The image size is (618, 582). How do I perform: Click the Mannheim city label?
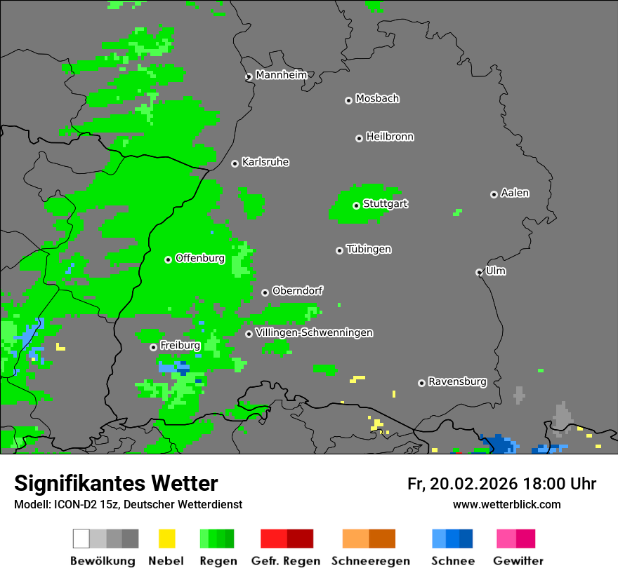[x=281, y=75]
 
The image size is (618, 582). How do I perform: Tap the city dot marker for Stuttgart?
[x=357, y=205]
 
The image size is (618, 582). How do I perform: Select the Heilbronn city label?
[x=390, y=137]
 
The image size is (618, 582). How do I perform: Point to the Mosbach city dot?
[x=348, y=100]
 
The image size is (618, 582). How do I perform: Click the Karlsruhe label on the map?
[x=265, y=162]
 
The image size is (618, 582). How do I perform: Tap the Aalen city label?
[x=515, y=193]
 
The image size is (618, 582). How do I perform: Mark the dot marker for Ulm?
[x=479, y=272]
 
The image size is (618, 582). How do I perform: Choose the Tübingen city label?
[x=369, y=249]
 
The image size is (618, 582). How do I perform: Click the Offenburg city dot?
[x=169, y=259]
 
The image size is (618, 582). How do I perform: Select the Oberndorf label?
[x=297, y=290]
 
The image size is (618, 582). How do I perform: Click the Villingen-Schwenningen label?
[x=314, y=332]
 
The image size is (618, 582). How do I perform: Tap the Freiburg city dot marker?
[x=153, y=347]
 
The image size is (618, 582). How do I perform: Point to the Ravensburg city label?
[x=457, y=381]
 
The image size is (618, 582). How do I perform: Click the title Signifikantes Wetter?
[x=116, y=483]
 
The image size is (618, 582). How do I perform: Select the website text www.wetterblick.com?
[x=506, y=504]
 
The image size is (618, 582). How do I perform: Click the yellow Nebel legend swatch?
[x=166, y=539]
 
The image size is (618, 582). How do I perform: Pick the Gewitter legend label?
[x=518, y=561]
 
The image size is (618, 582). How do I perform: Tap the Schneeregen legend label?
[x=370, y=561]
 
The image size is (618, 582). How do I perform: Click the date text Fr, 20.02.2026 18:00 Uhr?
[x=501, y=484]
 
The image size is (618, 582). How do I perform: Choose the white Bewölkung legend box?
[x=81, y=539]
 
